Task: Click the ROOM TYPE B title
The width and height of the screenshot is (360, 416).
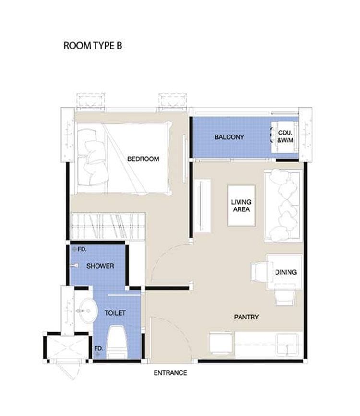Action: [93, 45]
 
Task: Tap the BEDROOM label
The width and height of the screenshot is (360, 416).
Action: [143, 159]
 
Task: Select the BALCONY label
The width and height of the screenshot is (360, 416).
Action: [229, 137]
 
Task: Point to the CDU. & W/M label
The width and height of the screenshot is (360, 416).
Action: [285, 136]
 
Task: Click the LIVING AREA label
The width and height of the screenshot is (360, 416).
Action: [241, 206]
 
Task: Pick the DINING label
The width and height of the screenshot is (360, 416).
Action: [286, 272]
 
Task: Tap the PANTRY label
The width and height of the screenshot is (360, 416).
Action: [246, 317]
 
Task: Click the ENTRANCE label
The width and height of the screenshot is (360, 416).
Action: [170, 373]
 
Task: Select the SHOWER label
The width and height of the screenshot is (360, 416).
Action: [100, 266]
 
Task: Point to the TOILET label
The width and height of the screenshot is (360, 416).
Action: [115, 313]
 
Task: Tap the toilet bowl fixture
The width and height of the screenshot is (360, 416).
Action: [117, 342]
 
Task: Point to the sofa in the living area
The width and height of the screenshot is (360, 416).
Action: [283, 206]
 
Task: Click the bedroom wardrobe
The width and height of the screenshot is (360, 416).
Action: [108, 226]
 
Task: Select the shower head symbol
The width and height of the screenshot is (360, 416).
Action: [74, 265]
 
